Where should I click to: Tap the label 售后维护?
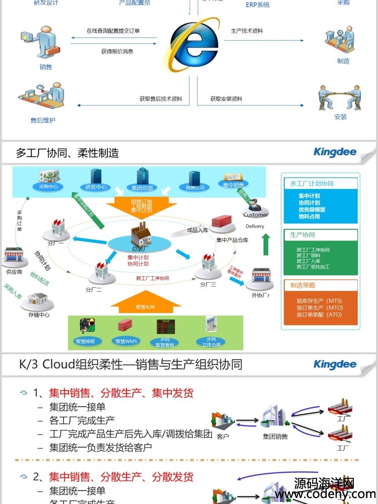pos(43,120)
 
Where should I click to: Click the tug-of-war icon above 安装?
pos(340,97)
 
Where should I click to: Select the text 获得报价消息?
pos(117,51)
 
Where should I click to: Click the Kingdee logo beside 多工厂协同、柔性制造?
pos(335,152)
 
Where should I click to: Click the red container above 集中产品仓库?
pos(224,224)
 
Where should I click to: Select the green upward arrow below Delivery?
pos(266,245)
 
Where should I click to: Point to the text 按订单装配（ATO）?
pos(319,314)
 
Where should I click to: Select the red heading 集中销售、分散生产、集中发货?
pos(121,393)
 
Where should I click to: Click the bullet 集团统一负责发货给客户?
pos(100,447)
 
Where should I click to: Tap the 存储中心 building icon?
pos(40,301)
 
